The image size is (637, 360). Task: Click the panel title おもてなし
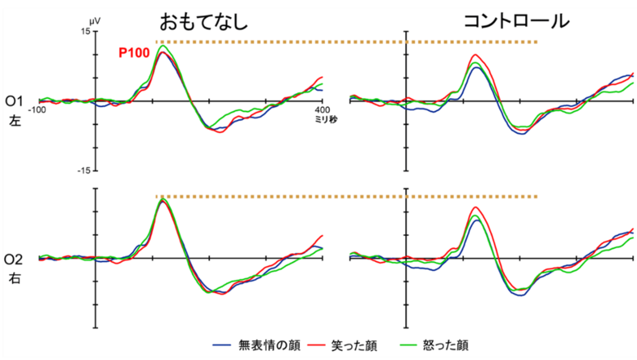pyautogui.click(x=203, y=20)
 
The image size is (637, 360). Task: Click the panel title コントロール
pyautogui.click(x=515, y=20)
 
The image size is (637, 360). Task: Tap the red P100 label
pyautogui.click(x=133, y=53)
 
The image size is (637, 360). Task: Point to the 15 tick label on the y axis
pyautogui.click(x=85, y=31)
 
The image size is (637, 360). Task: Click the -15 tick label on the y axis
pyautogui.click(x=83, y=171)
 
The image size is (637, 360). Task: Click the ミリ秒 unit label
pyautogui.click(x=325, y=119)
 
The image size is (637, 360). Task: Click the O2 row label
pyautogui.click(x=15, y=260)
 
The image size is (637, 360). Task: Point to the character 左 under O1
pyautogui.click(x=15, y=120)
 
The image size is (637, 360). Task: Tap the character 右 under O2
pyautogui.click(x=15, y=278)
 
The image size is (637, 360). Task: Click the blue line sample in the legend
pyautogui.click(x=224, y=345)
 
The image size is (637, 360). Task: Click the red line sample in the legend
pyautogui.click(x=318, y=345)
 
